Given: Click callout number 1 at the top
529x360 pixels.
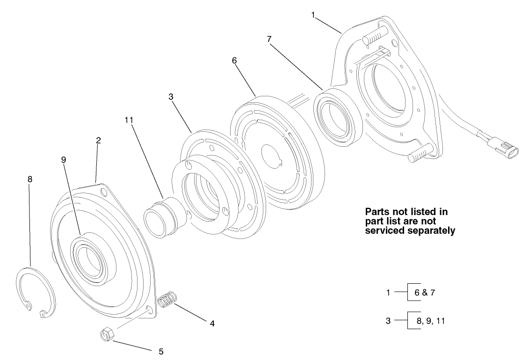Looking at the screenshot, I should click(313, 14).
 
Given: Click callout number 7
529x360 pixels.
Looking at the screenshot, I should click(269, 39).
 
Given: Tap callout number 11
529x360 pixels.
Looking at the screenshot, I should click(129, 120).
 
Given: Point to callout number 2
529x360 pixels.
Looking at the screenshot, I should click(98, 140).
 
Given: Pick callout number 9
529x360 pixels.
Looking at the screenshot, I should click(64, 159).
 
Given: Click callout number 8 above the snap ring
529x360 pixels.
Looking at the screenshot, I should click(30, 179).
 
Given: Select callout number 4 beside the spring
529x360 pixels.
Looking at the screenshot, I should click(212, 323).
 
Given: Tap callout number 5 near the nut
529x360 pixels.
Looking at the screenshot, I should click(161, 351).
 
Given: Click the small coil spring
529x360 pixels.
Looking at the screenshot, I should click(167, 300).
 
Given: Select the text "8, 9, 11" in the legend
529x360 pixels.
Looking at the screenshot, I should click(428, 321).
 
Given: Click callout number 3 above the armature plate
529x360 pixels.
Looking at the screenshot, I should click(171, 97).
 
